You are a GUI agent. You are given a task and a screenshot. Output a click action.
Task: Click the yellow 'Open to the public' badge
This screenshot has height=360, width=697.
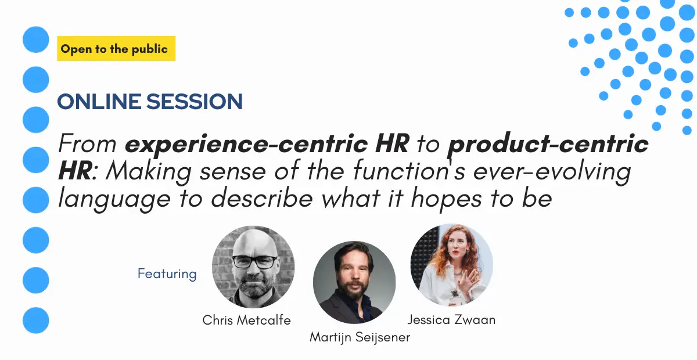116,49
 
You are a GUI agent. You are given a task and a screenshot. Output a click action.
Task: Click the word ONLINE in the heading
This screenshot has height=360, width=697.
99,102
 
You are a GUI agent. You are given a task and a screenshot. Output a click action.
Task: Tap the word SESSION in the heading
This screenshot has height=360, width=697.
195,102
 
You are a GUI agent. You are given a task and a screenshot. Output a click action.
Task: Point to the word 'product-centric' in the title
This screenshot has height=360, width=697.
548,143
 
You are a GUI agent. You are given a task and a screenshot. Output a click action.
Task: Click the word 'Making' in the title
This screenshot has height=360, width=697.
149,171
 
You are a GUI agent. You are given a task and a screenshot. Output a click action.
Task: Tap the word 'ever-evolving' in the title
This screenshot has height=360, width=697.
552,171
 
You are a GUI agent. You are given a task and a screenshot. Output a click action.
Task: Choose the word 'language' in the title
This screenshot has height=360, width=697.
114,199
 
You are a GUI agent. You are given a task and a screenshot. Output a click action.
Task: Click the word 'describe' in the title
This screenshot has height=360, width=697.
262,198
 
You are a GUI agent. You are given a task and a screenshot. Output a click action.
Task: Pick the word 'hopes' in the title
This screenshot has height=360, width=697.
446,199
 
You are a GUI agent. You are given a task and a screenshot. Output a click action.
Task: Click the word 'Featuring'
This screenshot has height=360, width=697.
167,274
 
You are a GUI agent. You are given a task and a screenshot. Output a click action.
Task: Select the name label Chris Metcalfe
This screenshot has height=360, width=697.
246,320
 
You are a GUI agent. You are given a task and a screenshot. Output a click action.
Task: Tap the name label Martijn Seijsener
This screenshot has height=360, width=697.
360,337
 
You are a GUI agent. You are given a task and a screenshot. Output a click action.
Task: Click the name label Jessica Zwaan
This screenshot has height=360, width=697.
451,320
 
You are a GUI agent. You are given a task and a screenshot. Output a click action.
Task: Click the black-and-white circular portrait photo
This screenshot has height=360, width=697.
253,267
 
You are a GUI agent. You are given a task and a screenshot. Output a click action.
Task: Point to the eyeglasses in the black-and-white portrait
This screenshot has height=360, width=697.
254,261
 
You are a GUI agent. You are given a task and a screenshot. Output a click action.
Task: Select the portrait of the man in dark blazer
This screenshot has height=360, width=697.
354,282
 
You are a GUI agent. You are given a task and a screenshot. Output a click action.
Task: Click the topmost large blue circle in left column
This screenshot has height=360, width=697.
36,39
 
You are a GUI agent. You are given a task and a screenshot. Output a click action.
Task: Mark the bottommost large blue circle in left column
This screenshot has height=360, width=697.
36,321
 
